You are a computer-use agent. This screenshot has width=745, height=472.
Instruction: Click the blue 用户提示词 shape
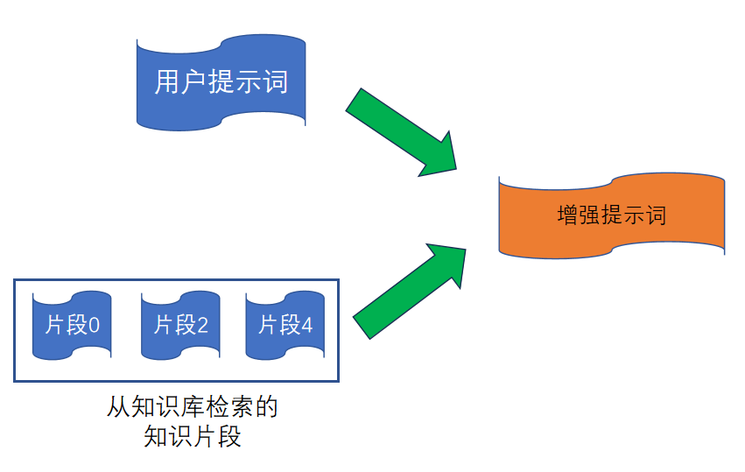tap(221, 83)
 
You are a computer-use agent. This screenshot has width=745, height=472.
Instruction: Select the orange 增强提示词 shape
tap(611, 215)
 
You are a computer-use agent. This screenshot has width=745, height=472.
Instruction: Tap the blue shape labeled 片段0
tap(72, 326)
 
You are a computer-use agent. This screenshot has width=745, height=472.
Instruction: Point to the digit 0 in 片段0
tap(95, 326)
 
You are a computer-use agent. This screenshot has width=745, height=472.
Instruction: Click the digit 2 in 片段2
tap(202, 326)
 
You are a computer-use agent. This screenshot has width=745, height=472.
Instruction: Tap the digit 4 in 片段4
tap(306, 326)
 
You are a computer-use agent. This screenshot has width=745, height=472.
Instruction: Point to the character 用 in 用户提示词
tap(167, 83)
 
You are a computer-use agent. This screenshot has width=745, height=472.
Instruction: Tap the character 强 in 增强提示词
tap(590, 215)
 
